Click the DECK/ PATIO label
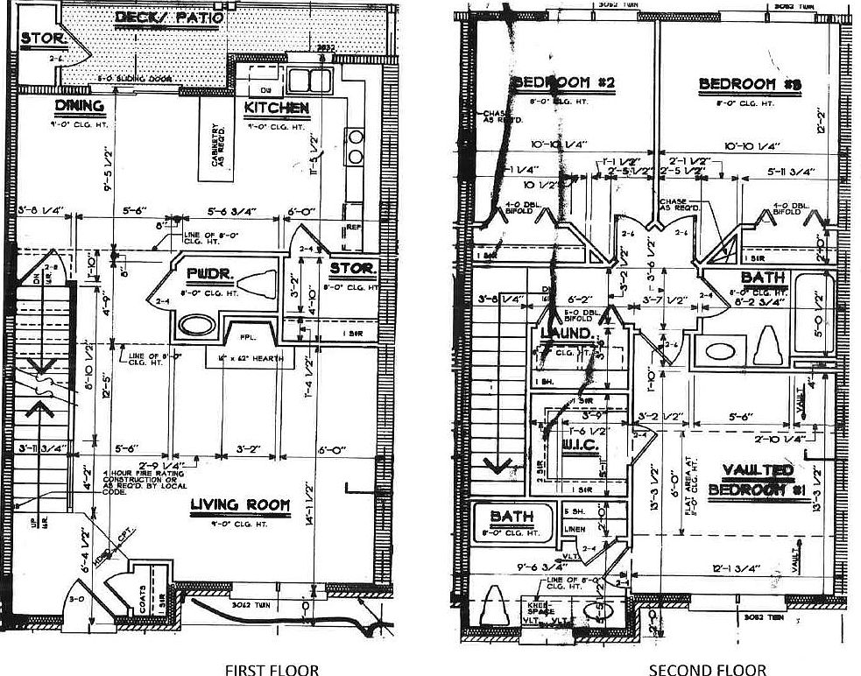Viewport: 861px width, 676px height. (168, 18)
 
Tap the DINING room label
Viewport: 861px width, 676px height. (80, 106)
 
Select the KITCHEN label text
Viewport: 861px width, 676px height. (276, 108)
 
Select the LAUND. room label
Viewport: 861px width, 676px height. (565, 334)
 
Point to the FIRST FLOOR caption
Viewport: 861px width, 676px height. (272, 670)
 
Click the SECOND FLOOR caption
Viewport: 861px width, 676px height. (708, 670)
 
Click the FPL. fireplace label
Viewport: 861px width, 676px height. (237, 334)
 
